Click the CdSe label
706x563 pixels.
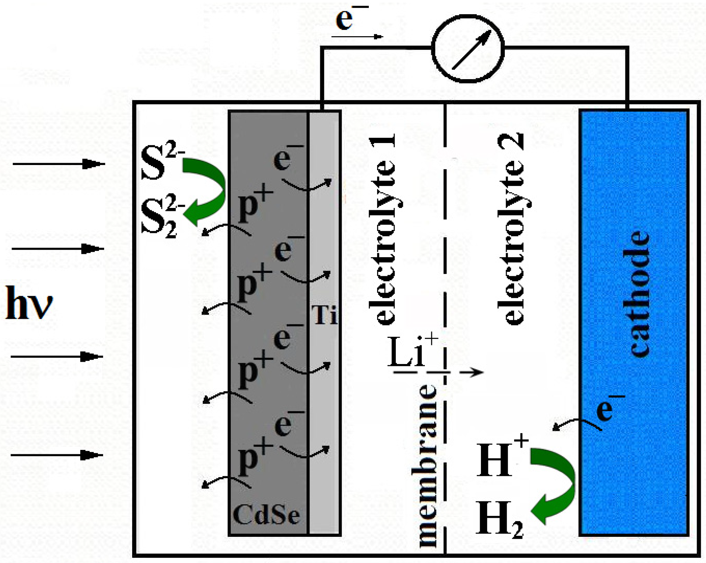click(266, 515)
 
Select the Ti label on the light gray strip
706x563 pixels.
click(324, 315)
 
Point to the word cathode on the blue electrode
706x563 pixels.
click(639, 293)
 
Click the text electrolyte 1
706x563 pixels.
click(382, 230)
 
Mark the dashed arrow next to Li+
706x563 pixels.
click(439, 372)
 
